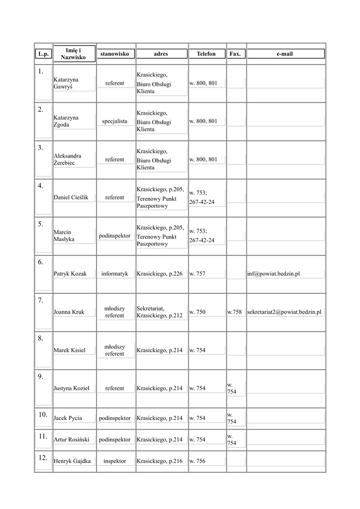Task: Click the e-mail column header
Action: [x=285, y=54]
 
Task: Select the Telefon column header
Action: [x=206, y=54]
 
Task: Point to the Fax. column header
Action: [x=235, y=54]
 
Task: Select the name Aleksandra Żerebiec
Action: [x=67, y=160]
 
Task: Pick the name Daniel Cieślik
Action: [x=71, y=198]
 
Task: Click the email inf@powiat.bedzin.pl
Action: [x=273, y=274]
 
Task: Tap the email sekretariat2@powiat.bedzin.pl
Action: [x=284, y=312]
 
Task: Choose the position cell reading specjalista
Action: [x=114, y=121]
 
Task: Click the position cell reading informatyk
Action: [x=114, y=274]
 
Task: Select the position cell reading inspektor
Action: [x=114, y=461]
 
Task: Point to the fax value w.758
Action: [x=235, y=312]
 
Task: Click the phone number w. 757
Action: [x=197, y=274]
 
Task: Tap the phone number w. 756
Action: [x=197, y=461]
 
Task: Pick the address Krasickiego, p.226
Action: [x=160, y=274]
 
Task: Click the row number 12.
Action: [x=43, y=458]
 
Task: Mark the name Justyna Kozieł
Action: [x=71, y=389]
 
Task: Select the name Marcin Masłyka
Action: [x=64, y=236]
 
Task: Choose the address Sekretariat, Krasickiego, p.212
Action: [x=160, y=312]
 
